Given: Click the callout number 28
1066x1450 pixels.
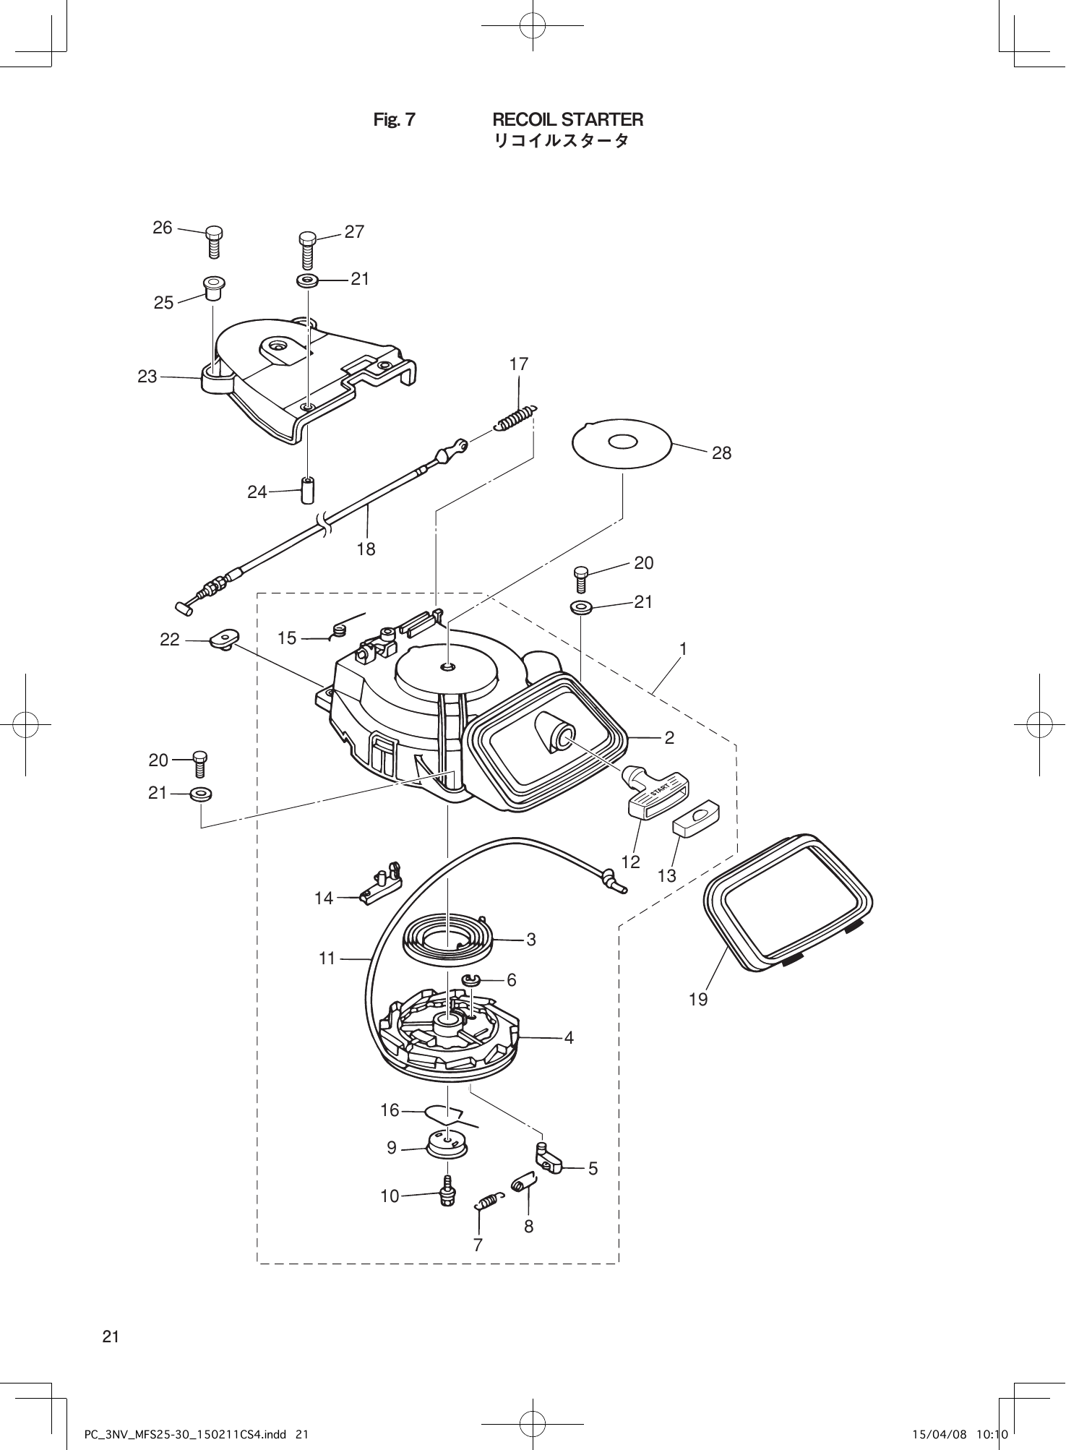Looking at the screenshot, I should (721, 453).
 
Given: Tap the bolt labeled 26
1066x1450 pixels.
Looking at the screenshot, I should (214, 241).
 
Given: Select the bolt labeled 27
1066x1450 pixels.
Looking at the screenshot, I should (308, 249).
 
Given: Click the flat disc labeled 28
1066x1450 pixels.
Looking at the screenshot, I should (622, 442).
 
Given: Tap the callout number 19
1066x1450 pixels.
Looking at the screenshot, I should (698, 1000).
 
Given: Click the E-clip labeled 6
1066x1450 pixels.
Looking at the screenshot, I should (472, 980).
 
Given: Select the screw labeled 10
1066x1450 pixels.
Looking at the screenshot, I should (448, 1193).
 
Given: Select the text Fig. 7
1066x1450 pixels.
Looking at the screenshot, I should (394, 120).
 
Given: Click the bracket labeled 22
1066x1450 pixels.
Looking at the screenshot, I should (225, 639).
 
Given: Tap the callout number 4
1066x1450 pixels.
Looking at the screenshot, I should (569, 1038).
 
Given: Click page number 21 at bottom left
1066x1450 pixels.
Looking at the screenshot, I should (110, 1337).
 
